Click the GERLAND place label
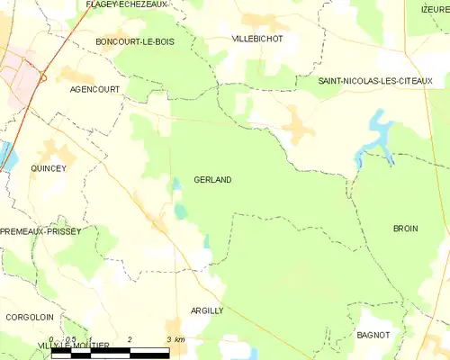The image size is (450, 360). [x=212, y=180]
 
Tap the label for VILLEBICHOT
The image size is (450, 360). [x=256, y=40]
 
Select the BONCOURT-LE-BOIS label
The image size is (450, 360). [x=135, y=41]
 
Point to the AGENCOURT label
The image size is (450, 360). [x=94, y=90]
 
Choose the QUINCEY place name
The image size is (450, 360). [x=49, y=168]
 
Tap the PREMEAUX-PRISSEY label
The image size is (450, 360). [x=40, y=231]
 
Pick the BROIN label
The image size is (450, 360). [x=406, y=229]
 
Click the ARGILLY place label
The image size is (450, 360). [x=207, y=310]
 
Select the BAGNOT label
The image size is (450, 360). [x=373, y=335]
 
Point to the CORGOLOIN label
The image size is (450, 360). [x=29, y=317]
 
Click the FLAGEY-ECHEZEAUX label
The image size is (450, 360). [x=127, y=4]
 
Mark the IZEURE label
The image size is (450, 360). [x=436, y=8]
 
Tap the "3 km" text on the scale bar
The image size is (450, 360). [x=176, y=339]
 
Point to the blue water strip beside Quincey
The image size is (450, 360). [x=9, y=155]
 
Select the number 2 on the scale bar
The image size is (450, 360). [x=130, y=339]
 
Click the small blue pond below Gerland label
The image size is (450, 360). [x=181, y=211]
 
